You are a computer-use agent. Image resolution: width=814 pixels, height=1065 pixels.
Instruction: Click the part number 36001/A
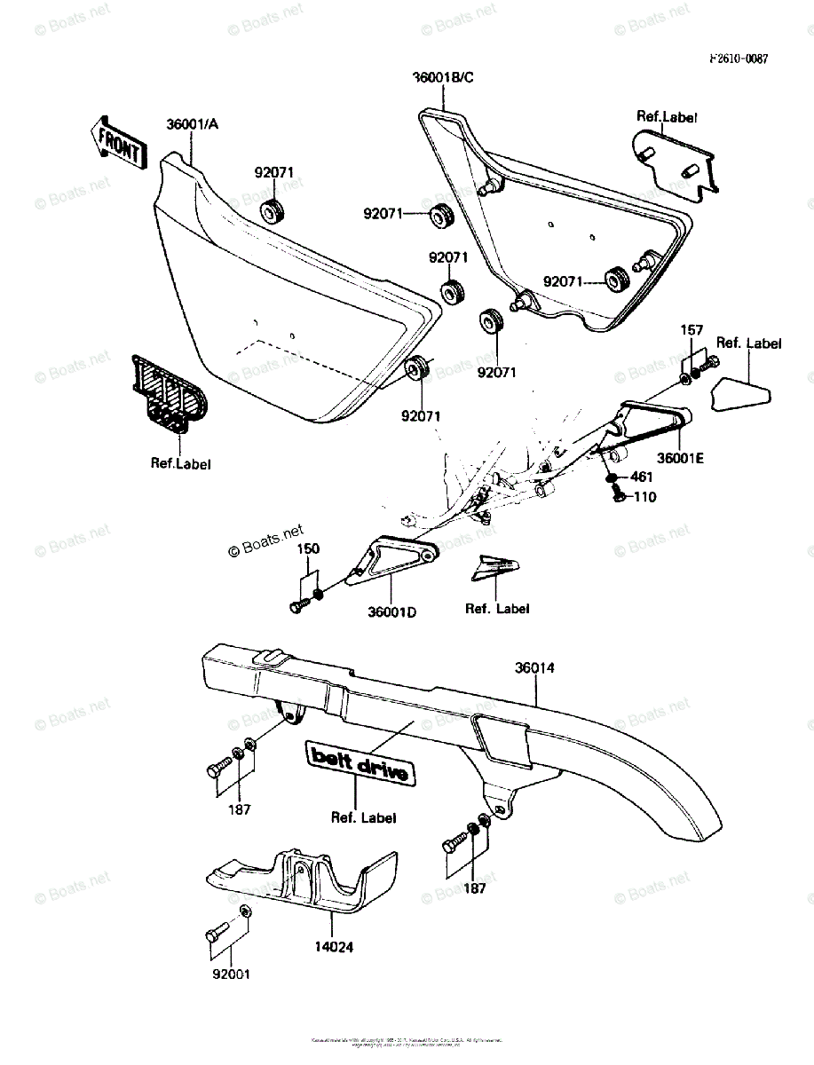tap(191, 124)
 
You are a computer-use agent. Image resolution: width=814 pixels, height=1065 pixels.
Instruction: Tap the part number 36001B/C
tap(443, 77)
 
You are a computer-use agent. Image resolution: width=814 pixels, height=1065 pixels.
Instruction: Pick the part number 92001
tap(230, 974)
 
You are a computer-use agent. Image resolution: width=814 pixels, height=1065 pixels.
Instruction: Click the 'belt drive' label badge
tap(360, 763)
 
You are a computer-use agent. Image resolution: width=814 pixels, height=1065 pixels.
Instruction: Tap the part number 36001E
tap(681, 458)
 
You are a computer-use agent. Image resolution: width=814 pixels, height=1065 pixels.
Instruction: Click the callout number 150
tap(308, 549)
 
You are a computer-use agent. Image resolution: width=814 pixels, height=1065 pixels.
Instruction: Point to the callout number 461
tap(642, 477)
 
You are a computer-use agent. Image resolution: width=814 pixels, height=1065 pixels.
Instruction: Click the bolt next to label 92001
tap(214, 934)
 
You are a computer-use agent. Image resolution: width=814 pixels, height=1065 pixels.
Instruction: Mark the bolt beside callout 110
tap(619, 497)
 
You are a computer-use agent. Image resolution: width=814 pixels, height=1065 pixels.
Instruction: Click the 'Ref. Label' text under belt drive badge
tap(363, 817)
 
